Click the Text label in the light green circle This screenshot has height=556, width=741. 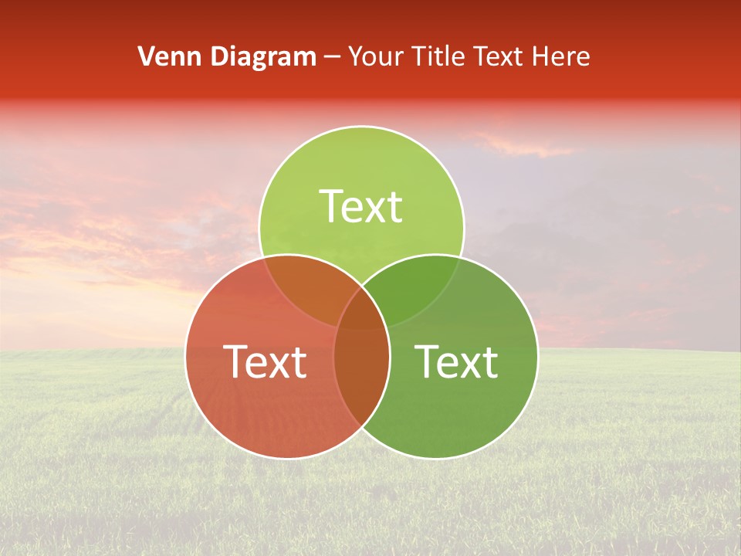point(361,206)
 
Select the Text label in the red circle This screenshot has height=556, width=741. point(265,361)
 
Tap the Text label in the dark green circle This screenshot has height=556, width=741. point(456,361)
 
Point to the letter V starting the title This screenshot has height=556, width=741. point(146,56)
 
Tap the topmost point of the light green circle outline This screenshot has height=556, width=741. point(361,126)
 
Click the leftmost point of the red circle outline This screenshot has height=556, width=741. point(185,357)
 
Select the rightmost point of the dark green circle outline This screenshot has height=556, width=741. point(538,357)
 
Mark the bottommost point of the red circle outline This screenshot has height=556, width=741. point(287,459)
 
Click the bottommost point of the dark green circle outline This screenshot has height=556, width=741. point(435,459)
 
